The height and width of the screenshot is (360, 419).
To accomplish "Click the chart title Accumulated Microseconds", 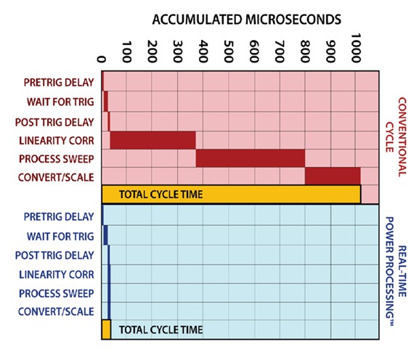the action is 246,20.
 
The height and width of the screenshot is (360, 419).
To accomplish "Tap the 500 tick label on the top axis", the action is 229,52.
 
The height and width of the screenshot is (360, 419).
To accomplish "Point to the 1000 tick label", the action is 357,48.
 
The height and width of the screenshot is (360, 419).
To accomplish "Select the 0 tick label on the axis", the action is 101,59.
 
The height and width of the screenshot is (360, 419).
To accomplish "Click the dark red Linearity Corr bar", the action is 152,140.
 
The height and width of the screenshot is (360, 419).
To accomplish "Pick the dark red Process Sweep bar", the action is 251,158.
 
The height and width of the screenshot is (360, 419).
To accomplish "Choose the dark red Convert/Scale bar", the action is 333,176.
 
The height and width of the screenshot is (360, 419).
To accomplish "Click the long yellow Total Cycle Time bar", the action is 232,195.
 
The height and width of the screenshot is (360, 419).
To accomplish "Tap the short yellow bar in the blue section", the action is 106,330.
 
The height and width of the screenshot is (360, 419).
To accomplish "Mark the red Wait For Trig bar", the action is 106,101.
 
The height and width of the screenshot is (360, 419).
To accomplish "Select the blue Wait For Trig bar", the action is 105,235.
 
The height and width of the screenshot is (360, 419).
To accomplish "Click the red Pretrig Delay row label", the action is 59,82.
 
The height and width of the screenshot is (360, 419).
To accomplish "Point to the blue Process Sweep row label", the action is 57,293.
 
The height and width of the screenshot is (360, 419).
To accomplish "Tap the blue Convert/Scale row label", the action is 56,311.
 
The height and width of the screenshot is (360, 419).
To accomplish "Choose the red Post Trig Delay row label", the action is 54,122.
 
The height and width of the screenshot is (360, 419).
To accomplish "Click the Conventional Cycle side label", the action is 396,136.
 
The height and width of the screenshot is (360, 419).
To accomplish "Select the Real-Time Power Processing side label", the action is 396,271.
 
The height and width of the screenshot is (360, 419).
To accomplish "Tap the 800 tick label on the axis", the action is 305,52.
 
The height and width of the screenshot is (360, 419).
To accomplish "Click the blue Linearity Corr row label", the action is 57,274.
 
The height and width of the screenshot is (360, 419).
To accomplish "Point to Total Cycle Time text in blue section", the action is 161,330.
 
